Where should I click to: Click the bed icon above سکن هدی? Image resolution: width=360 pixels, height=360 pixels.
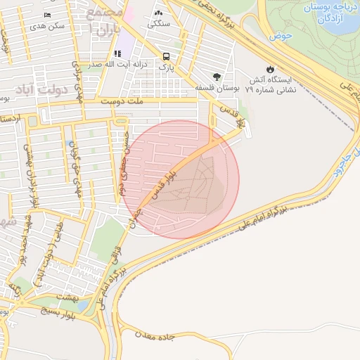[47, 15]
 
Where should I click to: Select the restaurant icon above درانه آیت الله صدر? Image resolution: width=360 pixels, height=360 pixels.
[117, 53]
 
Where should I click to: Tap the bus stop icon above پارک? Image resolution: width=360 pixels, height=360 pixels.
[165, 56]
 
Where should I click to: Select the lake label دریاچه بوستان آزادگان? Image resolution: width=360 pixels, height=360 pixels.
[328, 13]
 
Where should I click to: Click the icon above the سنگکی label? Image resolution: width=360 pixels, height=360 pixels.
[158, 13]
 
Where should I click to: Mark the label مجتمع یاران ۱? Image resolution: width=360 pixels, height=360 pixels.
[103, 21]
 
